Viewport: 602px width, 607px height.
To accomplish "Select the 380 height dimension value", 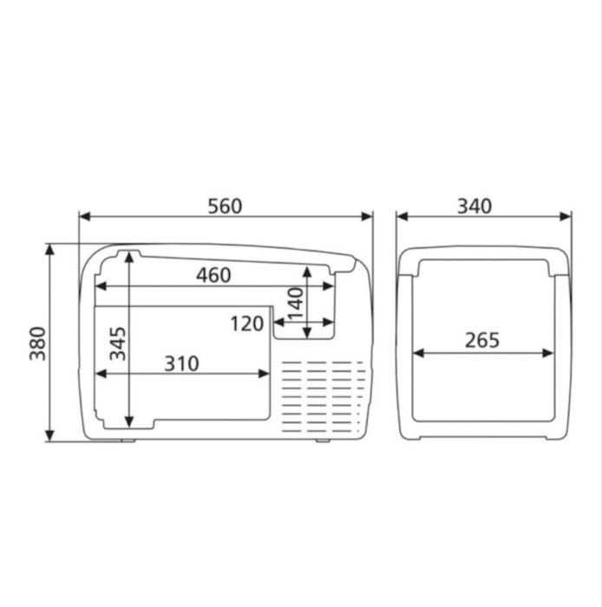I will point(36,343).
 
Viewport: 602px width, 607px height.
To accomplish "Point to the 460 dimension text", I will point(213,275).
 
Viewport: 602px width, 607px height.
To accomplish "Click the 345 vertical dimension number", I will point(117,343).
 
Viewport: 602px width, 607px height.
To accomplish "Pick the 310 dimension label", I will point(181,363).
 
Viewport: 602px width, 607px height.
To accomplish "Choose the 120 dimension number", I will point(247,324).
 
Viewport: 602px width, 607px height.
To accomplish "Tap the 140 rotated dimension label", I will point(296,303).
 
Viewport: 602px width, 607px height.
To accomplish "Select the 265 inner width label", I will point(482,341).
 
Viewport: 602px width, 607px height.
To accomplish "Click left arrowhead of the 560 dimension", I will point(84,218).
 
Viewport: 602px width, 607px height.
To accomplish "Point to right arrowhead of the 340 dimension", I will point(566,218).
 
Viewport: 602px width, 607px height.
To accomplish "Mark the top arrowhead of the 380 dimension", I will point(49,250).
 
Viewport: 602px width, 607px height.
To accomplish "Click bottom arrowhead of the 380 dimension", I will point(49,435).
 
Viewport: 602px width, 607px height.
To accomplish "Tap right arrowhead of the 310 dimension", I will point(265,374).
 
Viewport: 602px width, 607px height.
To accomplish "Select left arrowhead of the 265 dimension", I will point(418,353).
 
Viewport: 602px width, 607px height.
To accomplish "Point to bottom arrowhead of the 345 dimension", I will point(128,422).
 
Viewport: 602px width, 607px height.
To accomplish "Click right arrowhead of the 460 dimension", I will point(330,285).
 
